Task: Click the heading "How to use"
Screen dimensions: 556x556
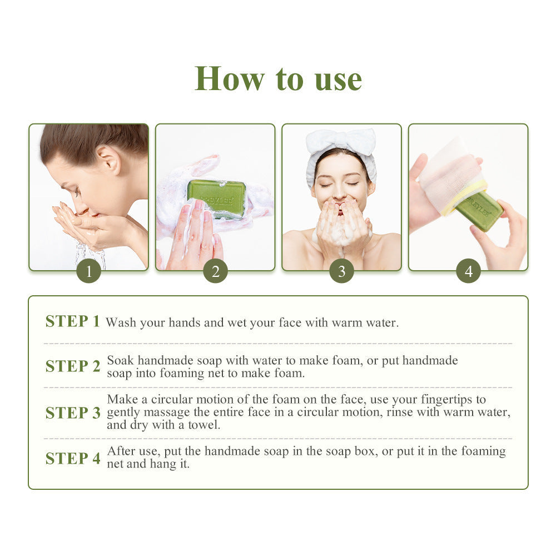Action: click(x=278, y=78)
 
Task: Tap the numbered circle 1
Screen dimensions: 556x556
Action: click(x=89, y=271)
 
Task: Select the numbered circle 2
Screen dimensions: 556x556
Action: click(x=215, y=271)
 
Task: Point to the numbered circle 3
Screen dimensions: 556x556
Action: click(x=341, y=271)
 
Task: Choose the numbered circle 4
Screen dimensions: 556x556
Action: click(x=468, y=271)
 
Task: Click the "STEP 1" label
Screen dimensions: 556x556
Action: click(x=73, y=321)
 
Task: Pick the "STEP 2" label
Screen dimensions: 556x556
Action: click(x=73, y=366)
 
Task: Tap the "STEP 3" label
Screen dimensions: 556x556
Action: click(x=73, y=413)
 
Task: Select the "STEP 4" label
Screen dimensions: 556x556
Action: click(x=73, y=458)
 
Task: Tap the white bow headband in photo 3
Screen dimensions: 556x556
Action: click(x=341, y=142)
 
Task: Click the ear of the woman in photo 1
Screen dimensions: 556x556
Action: click(x=110, y=160)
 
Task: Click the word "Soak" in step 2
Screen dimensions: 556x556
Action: click(x=120, y=360)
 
